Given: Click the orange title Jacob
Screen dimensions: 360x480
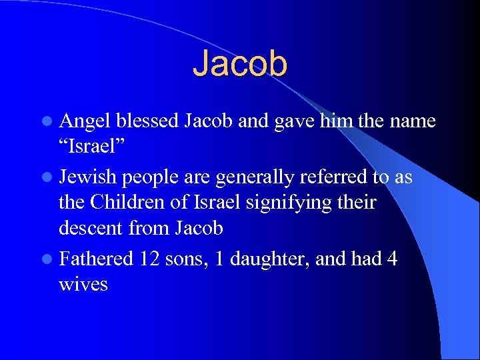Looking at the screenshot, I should point(240,64).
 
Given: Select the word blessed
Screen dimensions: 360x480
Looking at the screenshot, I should point(147,121).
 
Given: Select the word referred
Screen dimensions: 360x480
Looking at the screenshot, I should point(331,177).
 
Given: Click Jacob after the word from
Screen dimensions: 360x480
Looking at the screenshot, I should point(198,228).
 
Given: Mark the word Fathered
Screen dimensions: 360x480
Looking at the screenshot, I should point(97,258).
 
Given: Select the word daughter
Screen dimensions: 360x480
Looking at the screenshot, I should point(262,259).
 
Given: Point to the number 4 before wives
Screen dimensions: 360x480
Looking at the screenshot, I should point(391,258).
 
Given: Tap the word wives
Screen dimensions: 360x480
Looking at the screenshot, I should point(83,284).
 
